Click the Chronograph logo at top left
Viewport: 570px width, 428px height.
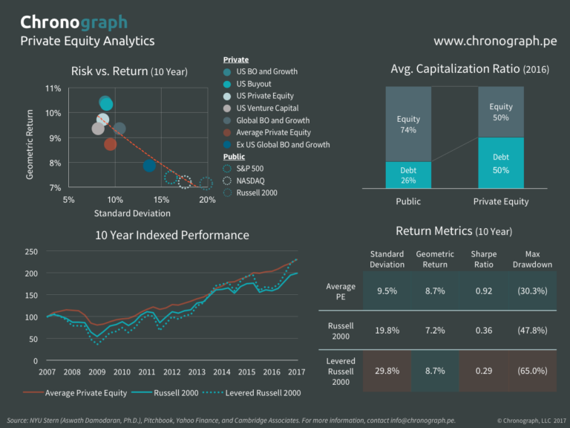pos(73,22)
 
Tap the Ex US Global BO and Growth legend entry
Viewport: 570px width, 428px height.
pos(282,145)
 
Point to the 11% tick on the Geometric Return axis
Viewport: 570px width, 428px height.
pos(53,88)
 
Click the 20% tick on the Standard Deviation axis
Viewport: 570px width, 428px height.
pos(207,200)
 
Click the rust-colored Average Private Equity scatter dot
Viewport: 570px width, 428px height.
pos(110,144)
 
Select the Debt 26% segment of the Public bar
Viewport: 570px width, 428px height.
pos(407,175)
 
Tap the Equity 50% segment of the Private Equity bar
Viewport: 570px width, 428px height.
pos(500,112)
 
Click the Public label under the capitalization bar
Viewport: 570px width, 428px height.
pos(407,201)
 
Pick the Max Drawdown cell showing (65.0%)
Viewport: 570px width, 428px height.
pos(531,370)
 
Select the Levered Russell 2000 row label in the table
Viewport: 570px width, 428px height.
pos(341,370)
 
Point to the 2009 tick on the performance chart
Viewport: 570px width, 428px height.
pos(97,372)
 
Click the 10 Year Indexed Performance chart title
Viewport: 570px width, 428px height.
pos(171,235)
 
